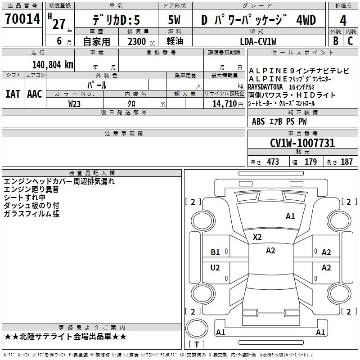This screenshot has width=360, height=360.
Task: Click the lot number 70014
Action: coord(22,19)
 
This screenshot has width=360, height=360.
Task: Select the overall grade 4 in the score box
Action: coord(343,21)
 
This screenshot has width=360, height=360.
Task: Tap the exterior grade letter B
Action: coord(336,41)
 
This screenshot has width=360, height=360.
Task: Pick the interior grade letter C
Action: coord(350,41)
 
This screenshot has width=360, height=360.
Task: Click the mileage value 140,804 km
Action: coord(53,65)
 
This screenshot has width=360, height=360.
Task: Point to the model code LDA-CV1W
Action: coord(258,41)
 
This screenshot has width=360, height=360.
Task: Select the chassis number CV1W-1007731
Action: coord(302,143)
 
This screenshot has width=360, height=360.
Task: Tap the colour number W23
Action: coord(74,104)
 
